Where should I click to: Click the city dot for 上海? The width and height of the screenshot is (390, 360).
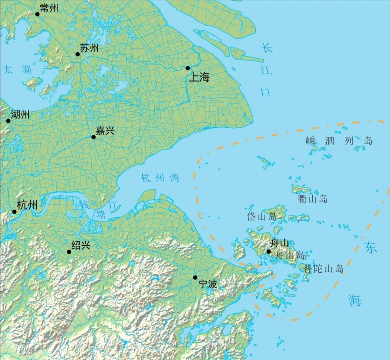coord(187,68)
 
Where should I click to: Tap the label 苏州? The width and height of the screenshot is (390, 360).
coord(89,48)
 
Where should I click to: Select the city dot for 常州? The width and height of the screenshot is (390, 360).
coord(37,14)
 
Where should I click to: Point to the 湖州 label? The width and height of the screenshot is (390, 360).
coord(20,114)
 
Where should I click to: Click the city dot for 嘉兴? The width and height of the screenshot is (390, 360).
coord(94,137)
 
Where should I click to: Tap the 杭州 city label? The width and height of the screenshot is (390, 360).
coord(27,205)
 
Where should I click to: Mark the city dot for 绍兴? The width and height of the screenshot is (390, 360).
coord(69,252)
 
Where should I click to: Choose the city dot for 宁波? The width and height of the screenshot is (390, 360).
coord(195,278)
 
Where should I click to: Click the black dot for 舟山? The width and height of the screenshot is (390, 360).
coord(268,252)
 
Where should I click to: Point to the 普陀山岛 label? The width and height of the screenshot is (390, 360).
coord(323,269)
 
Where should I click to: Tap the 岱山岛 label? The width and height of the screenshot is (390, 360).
coord(262,217)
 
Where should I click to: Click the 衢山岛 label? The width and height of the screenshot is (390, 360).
coord(312,199)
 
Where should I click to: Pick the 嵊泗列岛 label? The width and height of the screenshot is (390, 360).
coord(339,141)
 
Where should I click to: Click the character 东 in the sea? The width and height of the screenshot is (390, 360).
coord(370,248)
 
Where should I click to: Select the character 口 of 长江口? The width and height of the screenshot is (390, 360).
coord(266,92)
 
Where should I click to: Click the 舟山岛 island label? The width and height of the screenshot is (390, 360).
coord(290,255)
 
